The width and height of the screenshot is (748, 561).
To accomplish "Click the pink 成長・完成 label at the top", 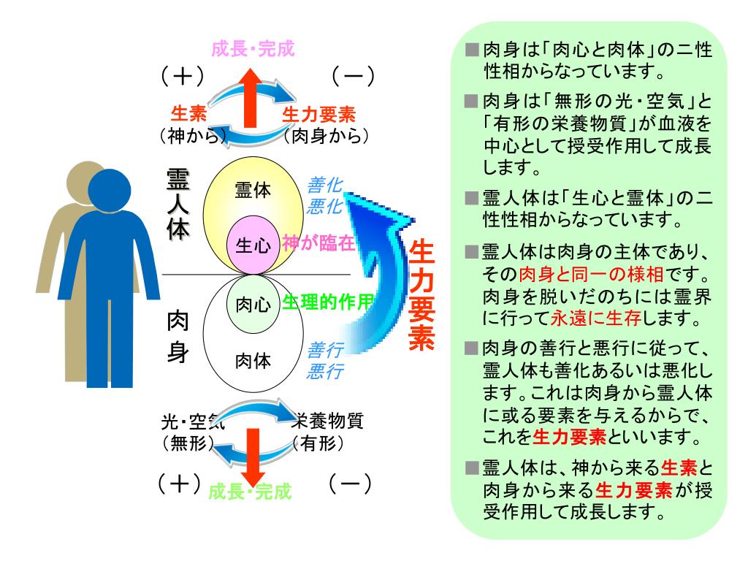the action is (x=253, y=50).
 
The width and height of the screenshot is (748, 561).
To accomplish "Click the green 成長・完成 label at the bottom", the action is (x=251, y=492).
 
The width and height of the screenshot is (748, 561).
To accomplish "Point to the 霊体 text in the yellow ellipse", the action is (x=253, y=191).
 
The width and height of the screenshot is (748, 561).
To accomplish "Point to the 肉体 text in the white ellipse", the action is (x=253, y=360).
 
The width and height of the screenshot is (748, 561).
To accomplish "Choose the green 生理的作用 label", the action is (x=328, y=302).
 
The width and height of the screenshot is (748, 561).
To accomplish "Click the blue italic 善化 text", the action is (x=325, y=186).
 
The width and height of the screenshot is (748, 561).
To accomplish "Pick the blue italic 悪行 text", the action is (x=325, y=371).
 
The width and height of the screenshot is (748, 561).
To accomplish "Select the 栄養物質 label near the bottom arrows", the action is (x=327, y=421).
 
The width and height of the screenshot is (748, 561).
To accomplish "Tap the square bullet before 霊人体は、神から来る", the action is (x=473, y=467).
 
